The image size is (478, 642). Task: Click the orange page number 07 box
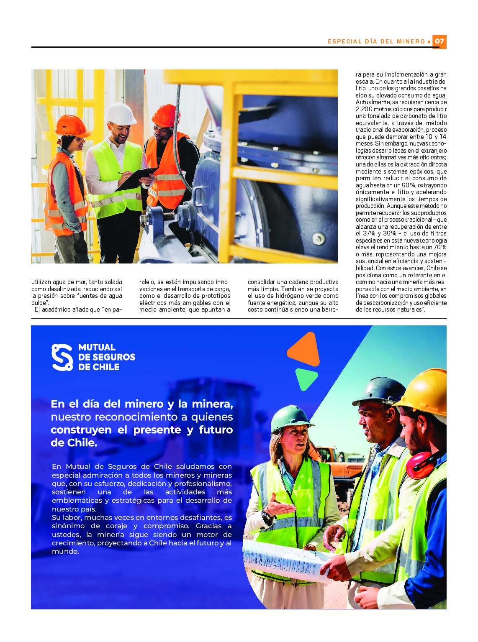pos(439,41)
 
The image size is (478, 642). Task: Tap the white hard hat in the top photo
pos(120,114)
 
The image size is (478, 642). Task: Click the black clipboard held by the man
pos(136,178)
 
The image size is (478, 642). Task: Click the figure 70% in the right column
pos(439,247)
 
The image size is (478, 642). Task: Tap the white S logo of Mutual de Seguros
pos(62,357)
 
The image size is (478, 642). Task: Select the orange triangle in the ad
pos(305,349)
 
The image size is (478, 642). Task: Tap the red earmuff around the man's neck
pos(421,464)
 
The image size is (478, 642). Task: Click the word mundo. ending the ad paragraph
pos(65,552)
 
